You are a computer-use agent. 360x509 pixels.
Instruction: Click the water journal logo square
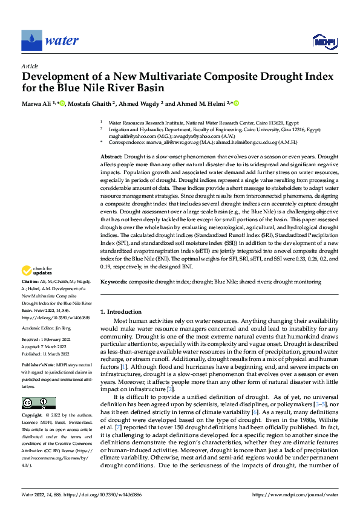click(32, 41)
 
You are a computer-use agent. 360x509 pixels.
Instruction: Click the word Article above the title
click(30, 65)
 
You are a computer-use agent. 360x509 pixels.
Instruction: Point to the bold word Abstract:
click(113, 156)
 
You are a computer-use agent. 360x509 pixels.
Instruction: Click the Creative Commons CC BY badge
click(38, 403)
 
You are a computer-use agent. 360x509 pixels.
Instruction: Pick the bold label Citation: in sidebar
click(30, 282)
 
